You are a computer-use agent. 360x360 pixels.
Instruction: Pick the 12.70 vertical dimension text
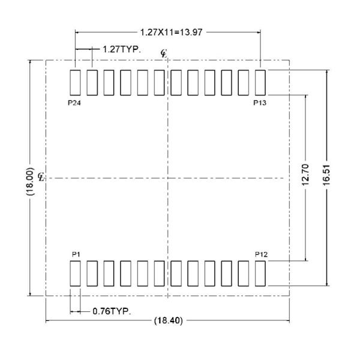(x=307, y=177)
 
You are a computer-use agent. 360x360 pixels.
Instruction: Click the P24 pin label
(x=74, y=102)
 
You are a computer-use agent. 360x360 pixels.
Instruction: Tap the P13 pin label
(x=260, y=102)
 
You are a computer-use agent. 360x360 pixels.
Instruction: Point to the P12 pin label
(x=260, y=254)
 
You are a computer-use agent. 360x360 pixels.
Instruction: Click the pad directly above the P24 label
(x=75, y=82)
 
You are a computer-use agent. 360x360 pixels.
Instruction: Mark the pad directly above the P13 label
(x=260, y=82)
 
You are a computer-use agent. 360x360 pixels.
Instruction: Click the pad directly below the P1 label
(x=75, y=273)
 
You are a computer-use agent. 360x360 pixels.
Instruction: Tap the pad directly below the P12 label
(x=260, y=273)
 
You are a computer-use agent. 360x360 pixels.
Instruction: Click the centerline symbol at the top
(x=164, y=54)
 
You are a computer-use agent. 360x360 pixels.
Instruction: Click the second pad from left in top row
(x=92, y=82)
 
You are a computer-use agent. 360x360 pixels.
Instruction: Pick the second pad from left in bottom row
(x=92, y=273)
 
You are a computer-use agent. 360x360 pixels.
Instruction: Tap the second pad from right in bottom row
(x=244, y=273)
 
